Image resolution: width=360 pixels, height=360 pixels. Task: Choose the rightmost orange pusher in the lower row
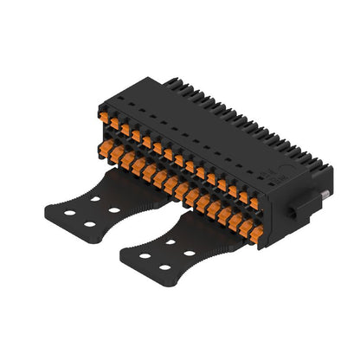point(248,231)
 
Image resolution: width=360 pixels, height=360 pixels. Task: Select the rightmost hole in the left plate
point(114,209)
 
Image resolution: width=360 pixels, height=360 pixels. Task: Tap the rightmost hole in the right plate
point(190,254)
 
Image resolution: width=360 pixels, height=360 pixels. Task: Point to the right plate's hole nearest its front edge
point(164,267)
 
